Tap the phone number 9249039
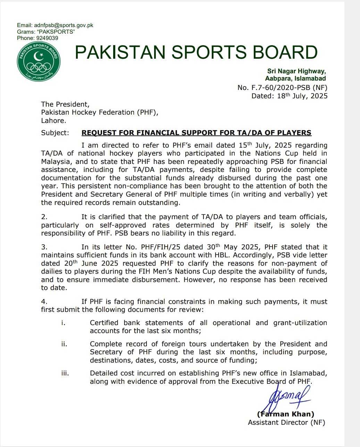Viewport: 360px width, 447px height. pyautogui.click(x=47, y=38)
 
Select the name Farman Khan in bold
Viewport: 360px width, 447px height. pyautogui.click(x=285, y=414)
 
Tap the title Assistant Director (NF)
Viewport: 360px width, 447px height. pyautogui.click(x=286, y=422)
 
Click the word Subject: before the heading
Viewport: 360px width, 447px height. pyautogui.click(x=55, y=133)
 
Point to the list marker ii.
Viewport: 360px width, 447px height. pyautogui.click(x=64, y=344)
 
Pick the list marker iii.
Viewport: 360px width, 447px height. pyautogui.click(x=65, y=373)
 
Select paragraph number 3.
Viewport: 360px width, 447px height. pyautogui.click(x=44, y=247)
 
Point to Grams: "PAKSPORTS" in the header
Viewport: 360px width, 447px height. pyautogui.click(x=46, y=32)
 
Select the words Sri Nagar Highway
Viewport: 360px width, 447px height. pyautogui.click(x=296, y=71)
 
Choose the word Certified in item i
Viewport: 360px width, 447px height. pyautogui.click(x=104, y=323)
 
